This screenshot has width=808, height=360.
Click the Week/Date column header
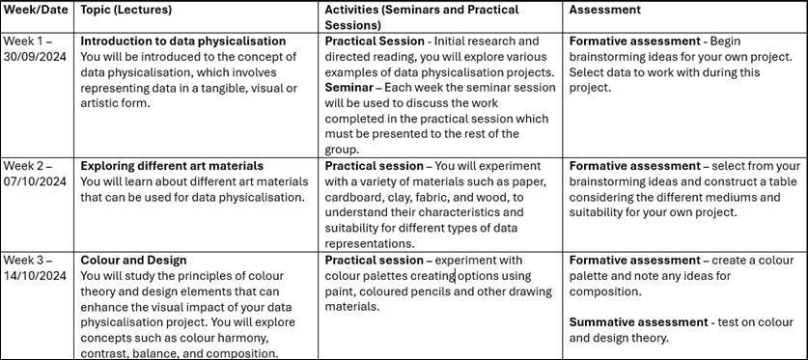click(35, 10)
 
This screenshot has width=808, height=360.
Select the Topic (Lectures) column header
click(125, 10)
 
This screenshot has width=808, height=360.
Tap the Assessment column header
click(604, 10)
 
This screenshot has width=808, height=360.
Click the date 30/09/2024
click(35, 57)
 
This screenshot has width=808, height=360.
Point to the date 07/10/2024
click(35, 181)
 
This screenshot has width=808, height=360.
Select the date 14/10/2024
click(35, 275)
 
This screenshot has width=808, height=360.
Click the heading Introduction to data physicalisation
click(182, 42)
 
